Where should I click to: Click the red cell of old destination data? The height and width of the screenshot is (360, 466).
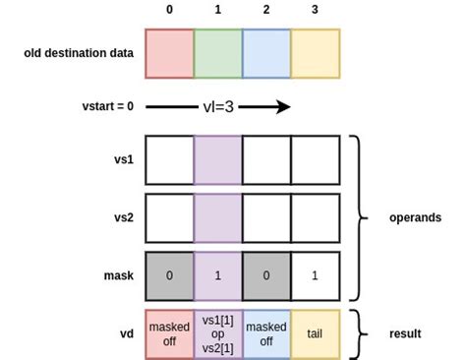(x=169, y=53)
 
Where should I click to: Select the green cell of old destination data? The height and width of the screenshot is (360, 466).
(x=217, y=53)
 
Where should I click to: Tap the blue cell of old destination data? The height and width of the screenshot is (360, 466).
(x=265, y=53)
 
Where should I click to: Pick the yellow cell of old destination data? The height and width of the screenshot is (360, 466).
(x=315, y=53)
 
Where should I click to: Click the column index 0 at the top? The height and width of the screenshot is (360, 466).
(x=169, y=10)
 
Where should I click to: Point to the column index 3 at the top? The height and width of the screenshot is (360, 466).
(x=315, y=10)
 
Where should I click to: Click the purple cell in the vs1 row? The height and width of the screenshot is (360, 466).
(x=217, y=159)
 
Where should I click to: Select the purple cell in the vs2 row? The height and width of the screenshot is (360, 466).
(x=217, y=217)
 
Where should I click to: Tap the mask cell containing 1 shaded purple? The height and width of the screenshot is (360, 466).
(x=217, y=276)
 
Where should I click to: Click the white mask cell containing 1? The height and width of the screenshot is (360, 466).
(x=315, y=276)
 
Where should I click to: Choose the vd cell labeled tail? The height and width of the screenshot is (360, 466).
(x=315, y=333)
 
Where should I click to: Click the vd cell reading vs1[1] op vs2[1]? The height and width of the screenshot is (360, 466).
(x=217, y=333)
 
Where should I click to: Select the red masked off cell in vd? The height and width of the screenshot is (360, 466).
(x=169, y=333)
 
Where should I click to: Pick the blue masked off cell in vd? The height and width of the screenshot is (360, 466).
(x=265, y=333)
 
